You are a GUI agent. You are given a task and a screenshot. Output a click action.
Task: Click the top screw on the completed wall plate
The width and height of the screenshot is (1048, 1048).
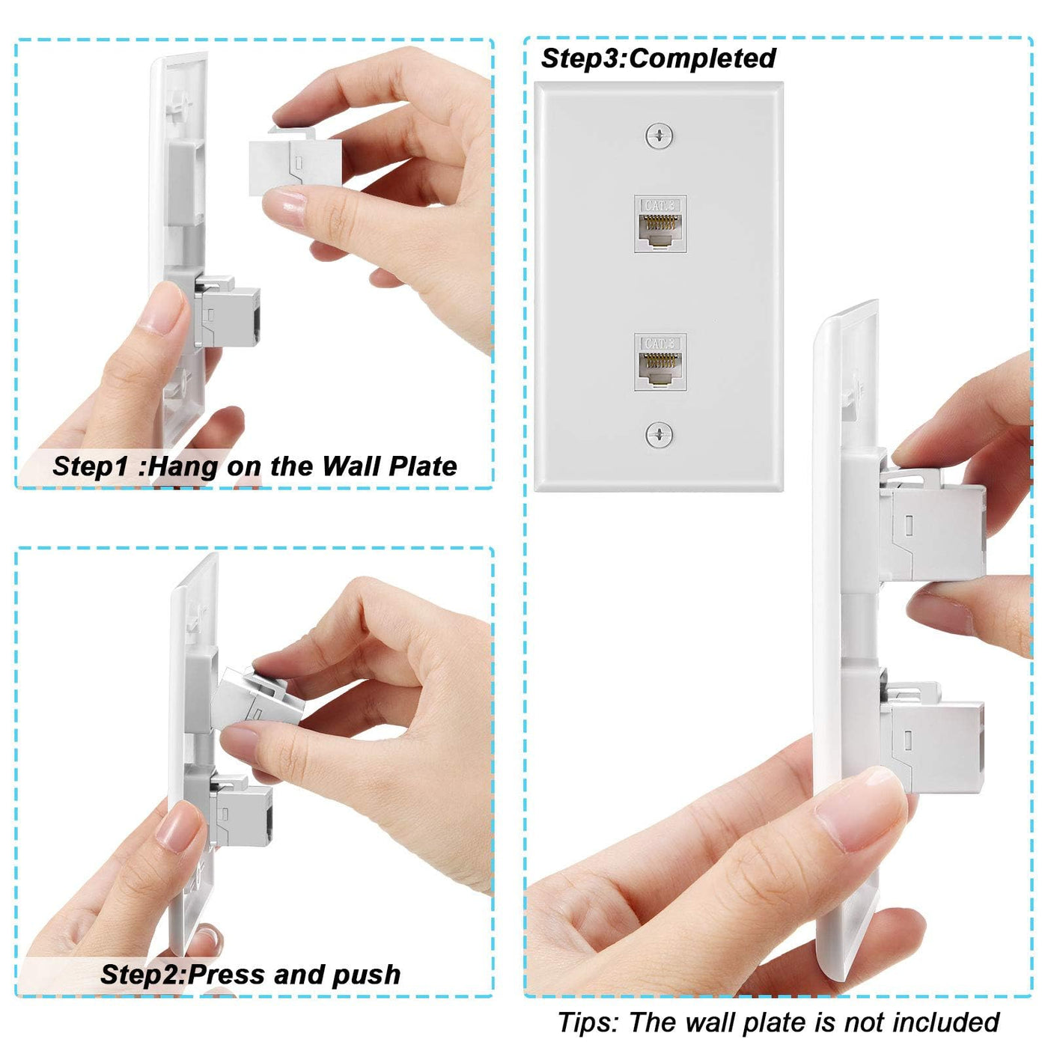(659, 135)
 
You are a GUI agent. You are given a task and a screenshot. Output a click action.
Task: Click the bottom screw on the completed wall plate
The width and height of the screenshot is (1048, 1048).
(659, 434)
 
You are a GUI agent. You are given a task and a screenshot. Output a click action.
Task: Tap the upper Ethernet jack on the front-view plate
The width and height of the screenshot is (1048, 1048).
(659, 224)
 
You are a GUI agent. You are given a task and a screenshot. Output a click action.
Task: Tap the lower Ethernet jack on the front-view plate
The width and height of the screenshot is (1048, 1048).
(659, 362)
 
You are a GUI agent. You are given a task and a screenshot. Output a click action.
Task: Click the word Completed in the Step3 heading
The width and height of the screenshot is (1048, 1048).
(702, 58)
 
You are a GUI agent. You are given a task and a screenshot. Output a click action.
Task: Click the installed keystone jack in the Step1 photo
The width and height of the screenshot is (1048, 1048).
(228, 310)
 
